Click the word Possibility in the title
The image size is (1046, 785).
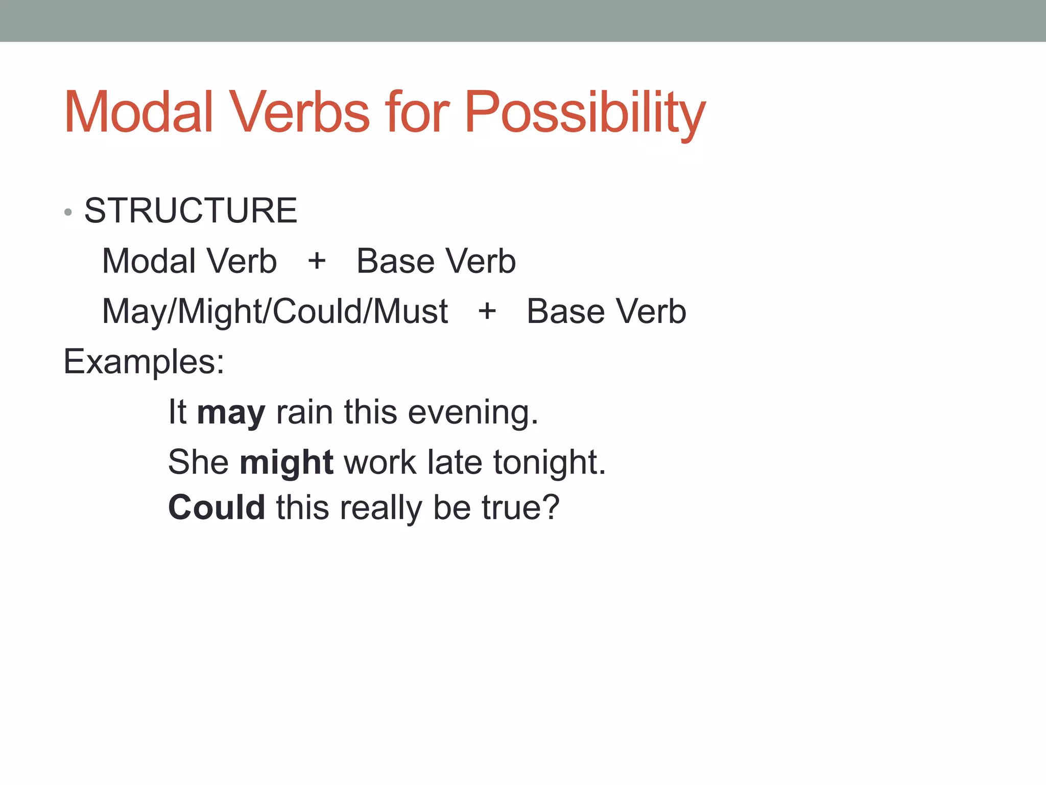coord(584,113)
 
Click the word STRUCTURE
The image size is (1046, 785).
coord(191,211)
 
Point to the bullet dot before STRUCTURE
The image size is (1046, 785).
coord(68,212)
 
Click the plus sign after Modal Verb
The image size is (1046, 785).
coord(317,261)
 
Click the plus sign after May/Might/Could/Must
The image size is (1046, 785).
coord(487,311)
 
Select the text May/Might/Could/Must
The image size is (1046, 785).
coord(275,312)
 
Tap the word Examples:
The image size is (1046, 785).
coord(144,362)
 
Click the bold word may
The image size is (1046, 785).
coord(231,413)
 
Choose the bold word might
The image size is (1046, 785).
coord(287,463)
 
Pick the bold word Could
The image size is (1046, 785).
coord(217,507)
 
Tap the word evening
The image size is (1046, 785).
coord(473,413)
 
